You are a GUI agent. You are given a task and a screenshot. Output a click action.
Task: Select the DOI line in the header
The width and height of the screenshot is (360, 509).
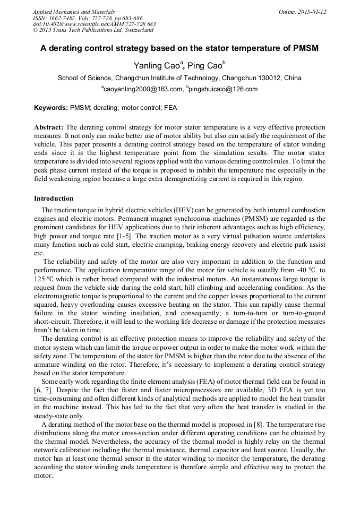click(94, 24)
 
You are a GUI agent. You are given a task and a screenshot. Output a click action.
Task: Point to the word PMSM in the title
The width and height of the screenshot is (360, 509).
click(304, 48)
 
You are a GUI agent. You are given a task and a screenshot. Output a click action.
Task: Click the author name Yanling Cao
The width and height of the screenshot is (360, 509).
click(158, 66)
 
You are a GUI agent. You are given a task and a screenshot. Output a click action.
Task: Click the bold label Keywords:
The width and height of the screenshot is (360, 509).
click(51, 108)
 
